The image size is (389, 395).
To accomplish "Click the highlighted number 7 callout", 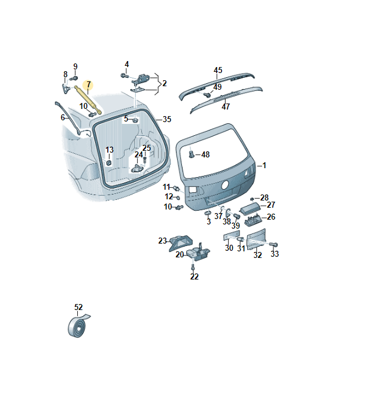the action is [x=88, y=84].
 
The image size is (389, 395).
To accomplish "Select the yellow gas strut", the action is [x=88, y=100].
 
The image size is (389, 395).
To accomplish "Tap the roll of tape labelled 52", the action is [x=78, y=326].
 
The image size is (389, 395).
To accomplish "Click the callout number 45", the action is [x=218, y=70].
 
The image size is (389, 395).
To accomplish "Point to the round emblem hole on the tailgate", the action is [x=225, y=185].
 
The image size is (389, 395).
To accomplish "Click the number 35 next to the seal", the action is [x=167, y=119].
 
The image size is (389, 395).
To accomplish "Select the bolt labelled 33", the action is [x=273, y=244].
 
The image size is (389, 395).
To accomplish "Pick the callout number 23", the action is [x=163, y=241].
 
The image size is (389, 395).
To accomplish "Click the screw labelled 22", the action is [x=193, y=267].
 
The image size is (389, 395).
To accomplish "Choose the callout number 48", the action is [x=205, y=154].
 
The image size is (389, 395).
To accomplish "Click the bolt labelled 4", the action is [x=124, y=75].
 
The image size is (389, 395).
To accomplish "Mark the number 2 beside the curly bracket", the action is [x=165, y=83].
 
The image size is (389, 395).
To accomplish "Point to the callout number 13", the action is [x=110, y=150].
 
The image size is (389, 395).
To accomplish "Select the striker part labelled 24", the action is [x=137, y=168].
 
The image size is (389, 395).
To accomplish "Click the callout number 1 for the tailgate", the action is [x=264, y=165].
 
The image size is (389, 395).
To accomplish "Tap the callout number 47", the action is [x=226, y=107].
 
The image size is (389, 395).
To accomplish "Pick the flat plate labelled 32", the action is [x=256, y=239].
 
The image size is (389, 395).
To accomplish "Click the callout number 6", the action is [x=63, y=117].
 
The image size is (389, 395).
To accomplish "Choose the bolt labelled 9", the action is [x=74, y=78].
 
